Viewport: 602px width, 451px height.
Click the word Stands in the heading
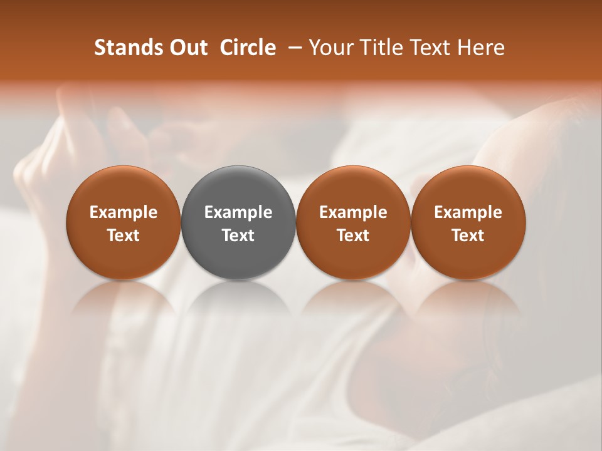120,48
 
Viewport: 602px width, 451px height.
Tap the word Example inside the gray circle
238,212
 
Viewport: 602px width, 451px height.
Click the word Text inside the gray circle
238,236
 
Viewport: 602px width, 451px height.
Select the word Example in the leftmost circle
124,212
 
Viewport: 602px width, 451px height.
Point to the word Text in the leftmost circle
124,236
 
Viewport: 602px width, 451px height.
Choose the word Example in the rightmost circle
468,212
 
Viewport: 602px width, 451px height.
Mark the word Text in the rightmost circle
468,236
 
